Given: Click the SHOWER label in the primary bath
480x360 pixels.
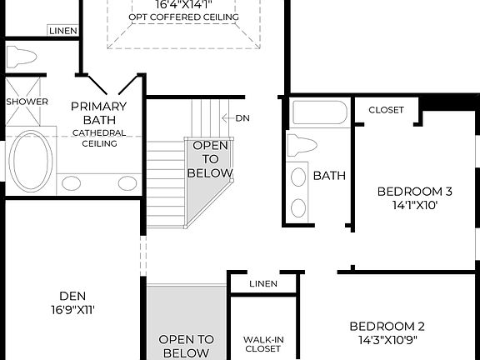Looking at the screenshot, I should [x=27, y=101].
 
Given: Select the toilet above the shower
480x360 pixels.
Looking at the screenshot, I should [x=22, y=57].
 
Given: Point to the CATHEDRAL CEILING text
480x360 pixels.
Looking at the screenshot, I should [x=98, y=137].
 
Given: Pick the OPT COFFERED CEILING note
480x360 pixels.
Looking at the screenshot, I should [x=183, y=17].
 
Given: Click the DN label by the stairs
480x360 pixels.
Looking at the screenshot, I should [x=242, y=118].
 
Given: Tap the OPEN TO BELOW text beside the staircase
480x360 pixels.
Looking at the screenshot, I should [x=209, y=159].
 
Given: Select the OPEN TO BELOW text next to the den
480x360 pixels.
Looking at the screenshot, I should [x=186, y=346].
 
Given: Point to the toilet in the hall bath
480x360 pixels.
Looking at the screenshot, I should [x=301, y=145].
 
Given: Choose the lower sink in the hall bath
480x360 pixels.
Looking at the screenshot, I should [x=297, y=207].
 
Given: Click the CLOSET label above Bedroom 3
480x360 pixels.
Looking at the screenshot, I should [x=386, y=110].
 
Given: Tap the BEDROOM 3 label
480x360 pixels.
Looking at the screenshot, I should [x=402, y=189].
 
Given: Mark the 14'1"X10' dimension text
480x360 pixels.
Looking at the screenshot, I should [x=402, y=203].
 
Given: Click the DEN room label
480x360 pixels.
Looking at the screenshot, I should [x=72, y=296].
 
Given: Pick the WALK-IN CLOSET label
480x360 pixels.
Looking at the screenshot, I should [x=262, y=344].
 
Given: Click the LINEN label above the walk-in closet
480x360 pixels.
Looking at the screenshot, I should [x=263, y=284].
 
